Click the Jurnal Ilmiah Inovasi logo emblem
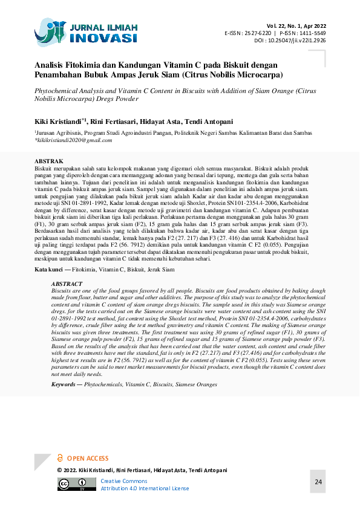click(x=51, y=32)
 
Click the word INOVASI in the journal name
click(x=105, y=38)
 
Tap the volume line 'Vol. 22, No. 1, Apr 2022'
click(x=296, y=25)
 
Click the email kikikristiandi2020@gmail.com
click(x=74, y=140)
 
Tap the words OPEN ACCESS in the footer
click(x=88, y=459)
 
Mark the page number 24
click(x=319, y=482)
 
